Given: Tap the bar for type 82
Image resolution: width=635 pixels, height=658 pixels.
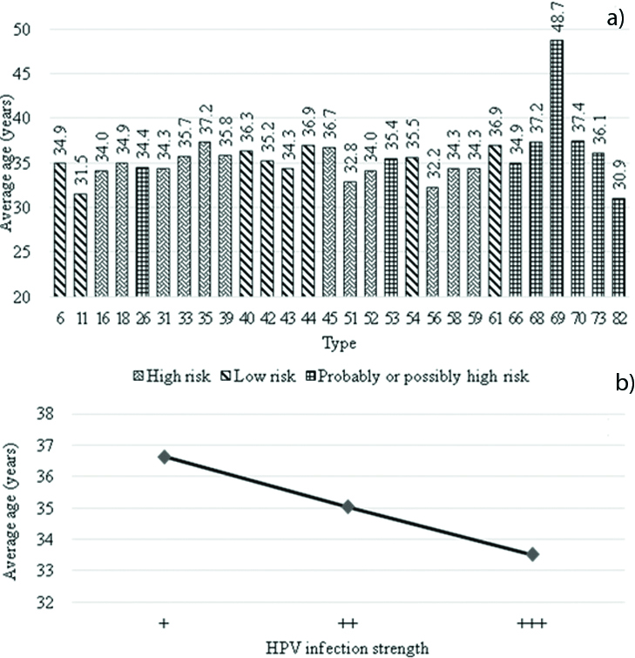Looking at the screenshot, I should (x=618, y=248).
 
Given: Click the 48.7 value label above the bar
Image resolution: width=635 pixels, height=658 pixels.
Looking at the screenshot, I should (x=556, y=19).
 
